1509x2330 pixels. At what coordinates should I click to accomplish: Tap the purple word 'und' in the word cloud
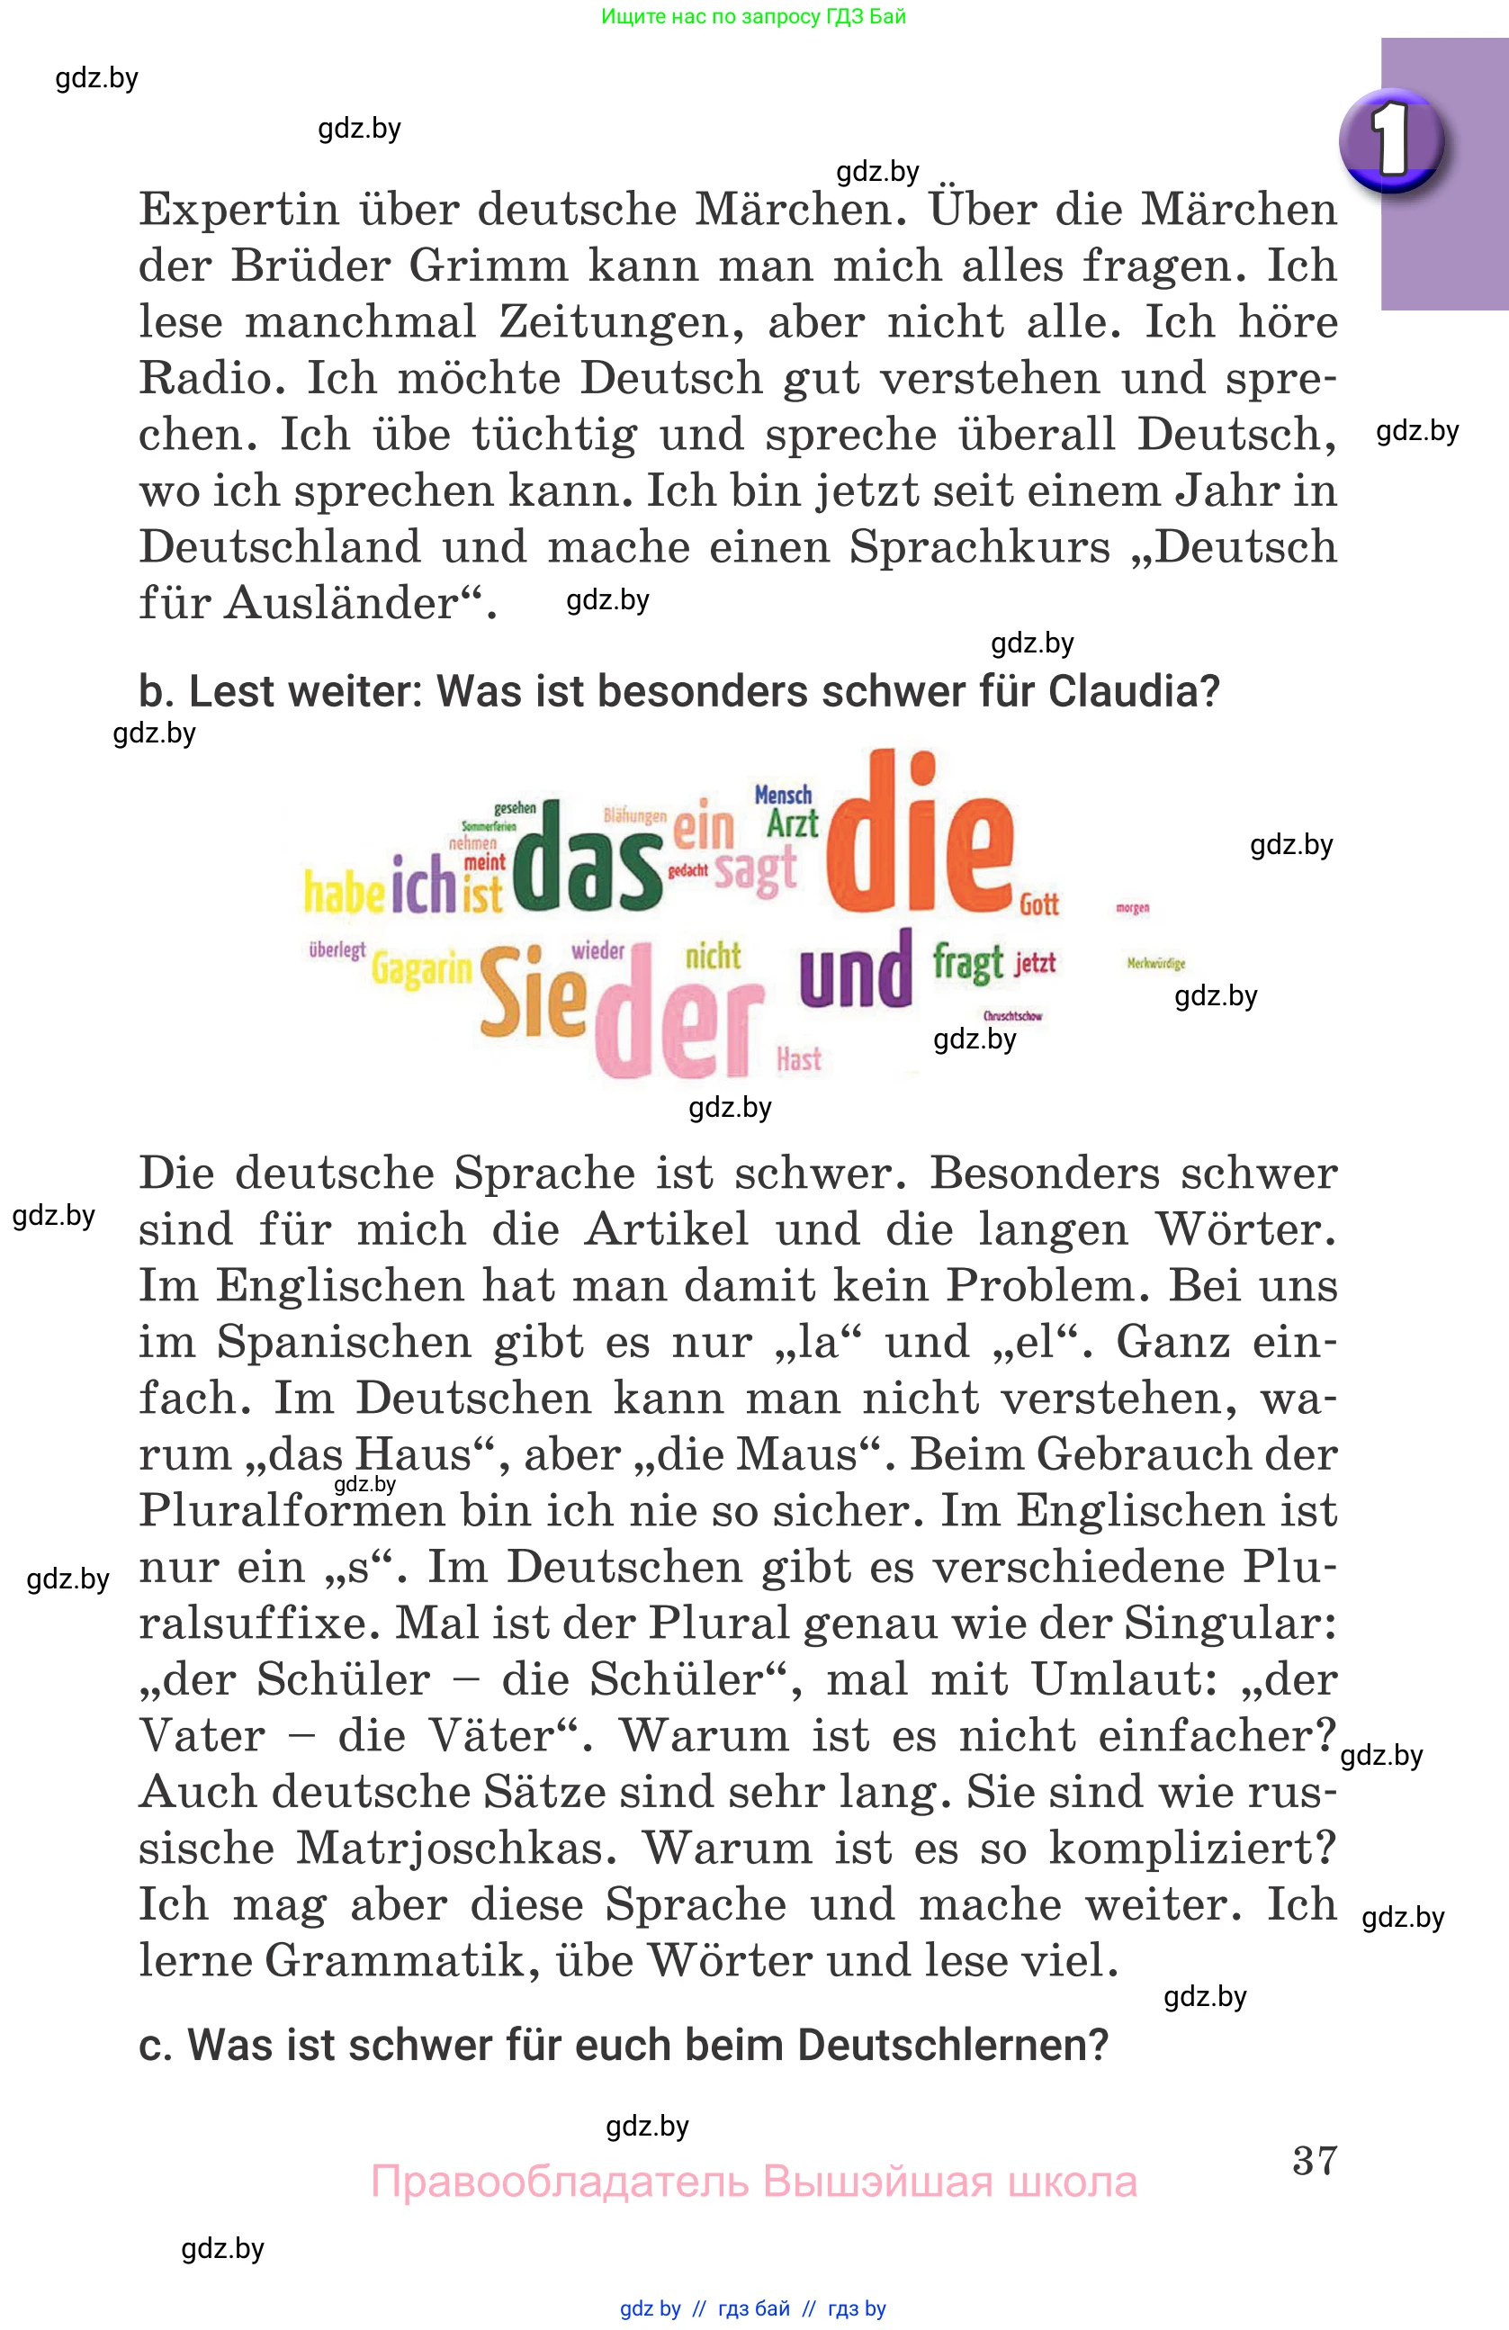856,972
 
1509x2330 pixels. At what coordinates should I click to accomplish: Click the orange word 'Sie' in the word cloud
533,994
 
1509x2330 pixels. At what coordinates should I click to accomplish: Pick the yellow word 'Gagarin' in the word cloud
421,969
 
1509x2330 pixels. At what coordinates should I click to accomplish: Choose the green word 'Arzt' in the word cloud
792,824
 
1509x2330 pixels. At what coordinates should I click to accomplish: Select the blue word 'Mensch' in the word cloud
783,795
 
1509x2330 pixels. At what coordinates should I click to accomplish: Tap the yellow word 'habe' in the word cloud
344,892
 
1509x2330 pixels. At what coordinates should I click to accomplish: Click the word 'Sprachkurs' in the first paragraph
979,547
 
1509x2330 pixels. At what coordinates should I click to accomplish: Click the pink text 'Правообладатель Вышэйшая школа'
753,2182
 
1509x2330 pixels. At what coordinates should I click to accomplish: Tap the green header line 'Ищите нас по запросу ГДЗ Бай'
753,16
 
